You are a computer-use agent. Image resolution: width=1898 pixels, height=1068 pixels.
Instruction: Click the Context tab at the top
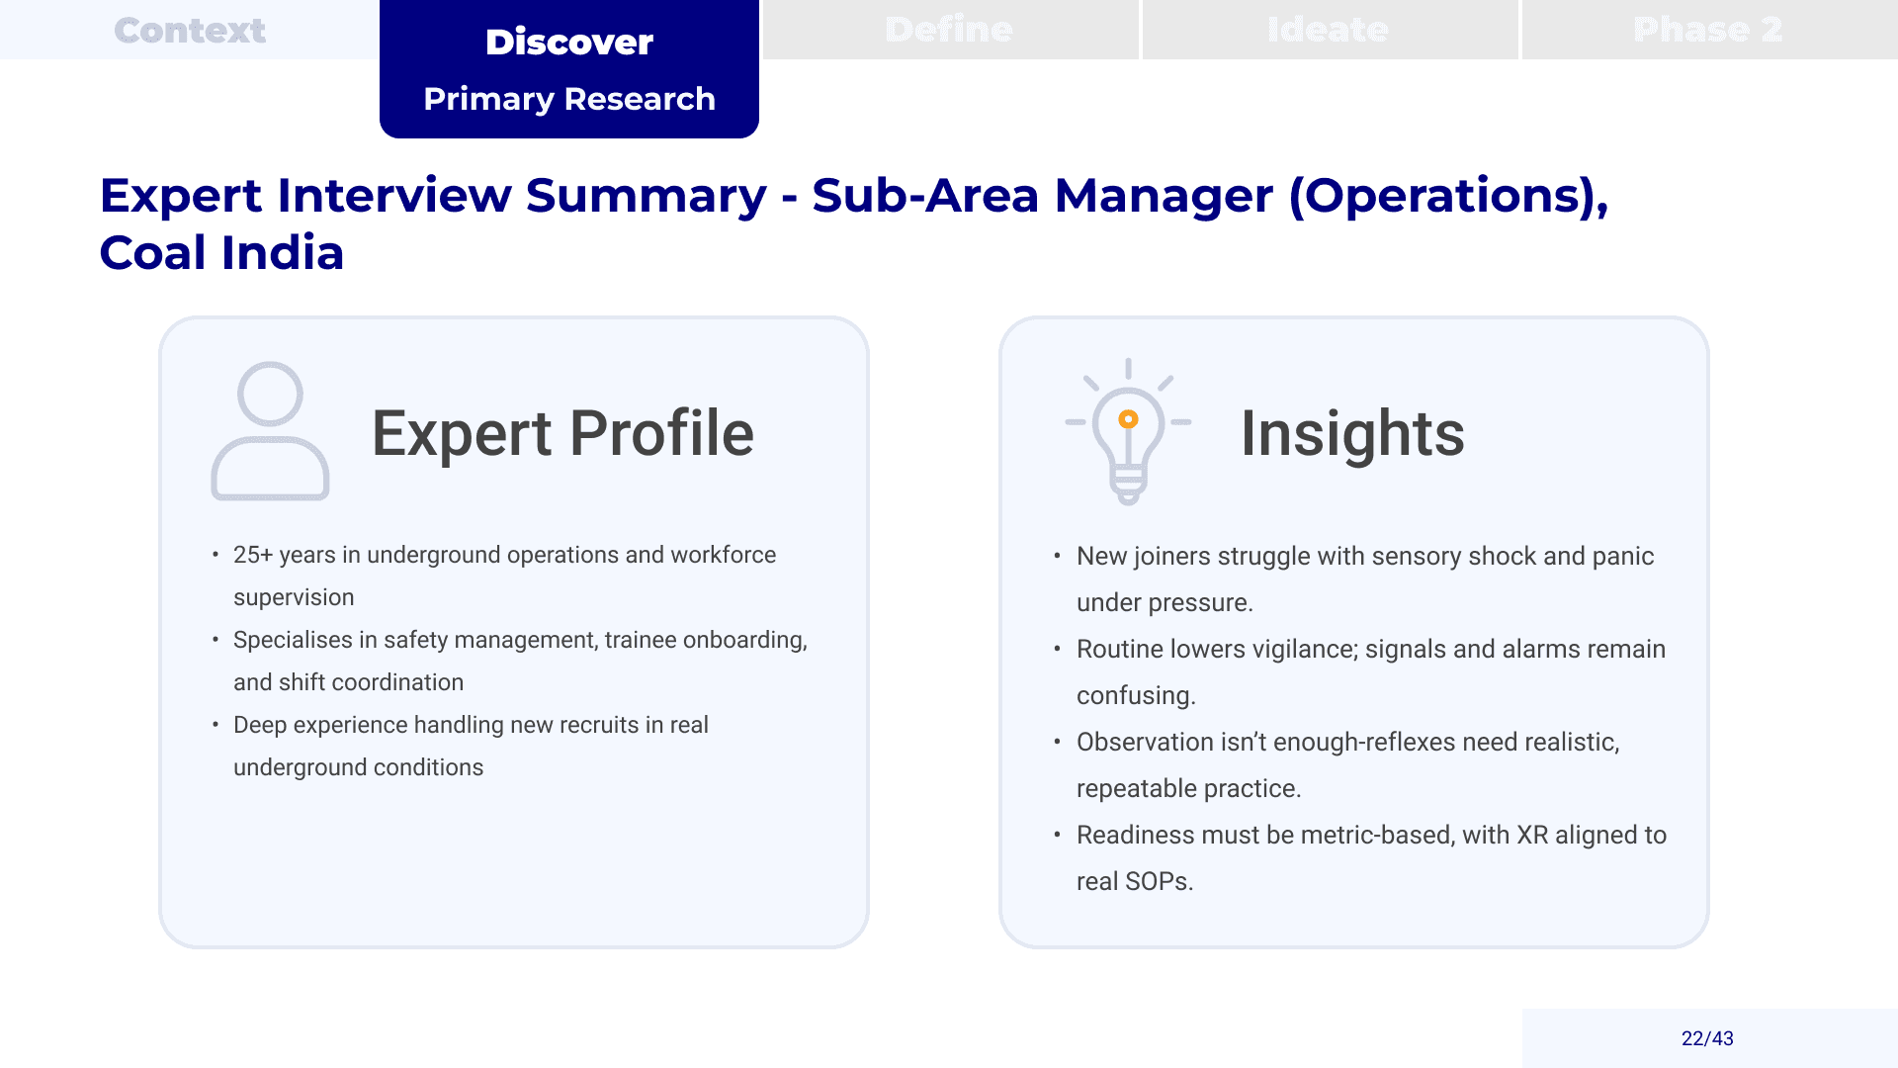point(190,30)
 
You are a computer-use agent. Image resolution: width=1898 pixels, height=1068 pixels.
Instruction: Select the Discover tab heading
point(569,42)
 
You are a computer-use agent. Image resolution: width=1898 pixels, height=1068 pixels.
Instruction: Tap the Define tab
point(950,30)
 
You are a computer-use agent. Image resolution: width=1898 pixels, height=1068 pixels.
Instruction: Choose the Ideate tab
point(1330,30)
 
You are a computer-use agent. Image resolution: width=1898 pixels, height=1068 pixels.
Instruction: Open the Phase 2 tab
point(1709,30)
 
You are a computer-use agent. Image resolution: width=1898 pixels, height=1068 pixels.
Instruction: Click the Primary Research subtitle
point(569,99)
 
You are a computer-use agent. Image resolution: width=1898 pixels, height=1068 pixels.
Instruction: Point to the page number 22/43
point(1707,1038)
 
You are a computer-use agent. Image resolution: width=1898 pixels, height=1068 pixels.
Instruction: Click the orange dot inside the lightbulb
point(1128,419)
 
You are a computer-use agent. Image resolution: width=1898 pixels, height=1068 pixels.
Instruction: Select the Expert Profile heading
point(562,433)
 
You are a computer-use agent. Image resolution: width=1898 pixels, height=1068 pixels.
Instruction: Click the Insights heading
point(1352,433)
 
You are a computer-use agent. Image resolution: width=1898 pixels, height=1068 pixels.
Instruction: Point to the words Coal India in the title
point(221,253)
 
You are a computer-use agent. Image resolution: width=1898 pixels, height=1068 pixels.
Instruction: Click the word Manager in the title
point(1164,195)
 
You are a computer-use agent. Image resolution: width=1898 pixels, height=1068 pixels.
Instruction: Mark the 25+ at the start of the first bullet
point(253,555)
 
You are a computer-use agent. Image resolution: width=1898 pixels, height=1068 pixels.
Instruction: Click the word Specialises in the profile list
point(293,641)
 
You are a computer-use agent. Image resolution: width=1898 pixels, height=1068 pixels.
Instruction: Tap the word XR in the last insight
point(1532,835)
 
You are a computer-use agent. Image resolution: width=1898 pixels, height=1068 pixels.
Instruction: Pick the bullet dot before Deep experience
point(216,725)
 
